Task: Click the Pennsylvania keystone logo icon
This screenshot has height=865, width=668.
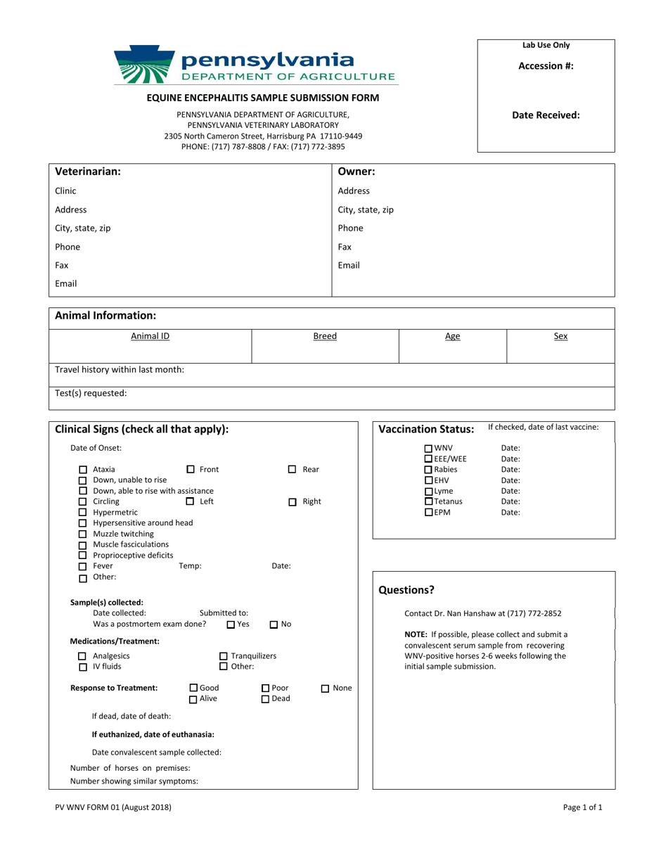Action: click(x=146, y=65)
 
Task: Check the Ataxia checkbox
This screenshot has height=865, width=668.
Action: click(x=83, y=470)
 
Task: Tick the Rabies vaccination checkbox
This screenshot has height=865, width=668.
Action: click(x=429, y=470)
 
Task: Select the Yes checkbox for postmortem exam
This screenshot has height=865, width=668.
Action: click(x=231, y=624)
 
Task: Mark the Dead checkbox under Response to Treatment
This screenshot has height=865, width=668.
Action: click(x=266, y=699)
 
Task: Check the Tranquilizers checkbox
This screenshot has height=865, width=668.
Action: click(x=224, y=656)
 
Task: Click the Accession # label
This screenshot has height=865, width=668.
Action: click(x=546, y=66)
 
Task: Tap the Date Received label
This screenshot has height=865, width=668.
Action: click(x=546, y=115)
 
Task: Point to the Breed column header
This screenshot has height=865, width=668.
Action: click(x=325, y=336)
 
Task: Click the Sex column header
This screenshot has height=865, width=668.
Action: click(x=560, y=336)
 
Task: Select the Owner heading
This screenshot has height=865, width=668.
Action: click(x=357, y=172)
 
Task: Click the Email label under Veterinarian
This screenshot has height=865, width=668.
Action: click(x=66, y=284)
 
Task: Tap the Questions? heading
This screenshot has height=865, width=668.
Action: click(x=406, y=590)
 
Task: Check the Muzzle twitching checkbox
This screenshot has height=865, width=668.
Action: click(x=83, y=534)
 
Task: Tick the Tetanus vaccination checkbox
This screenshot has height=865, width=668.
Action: click(x=429, y=502)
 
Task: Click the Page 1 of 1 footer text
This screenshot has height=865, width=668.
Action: click(x=582, y=807)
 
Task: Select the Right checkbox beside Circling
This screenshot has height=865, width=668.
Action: click(x=293, y=502)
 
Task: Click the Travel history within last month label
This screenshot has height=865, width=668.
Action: click(x=120, y=369)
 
